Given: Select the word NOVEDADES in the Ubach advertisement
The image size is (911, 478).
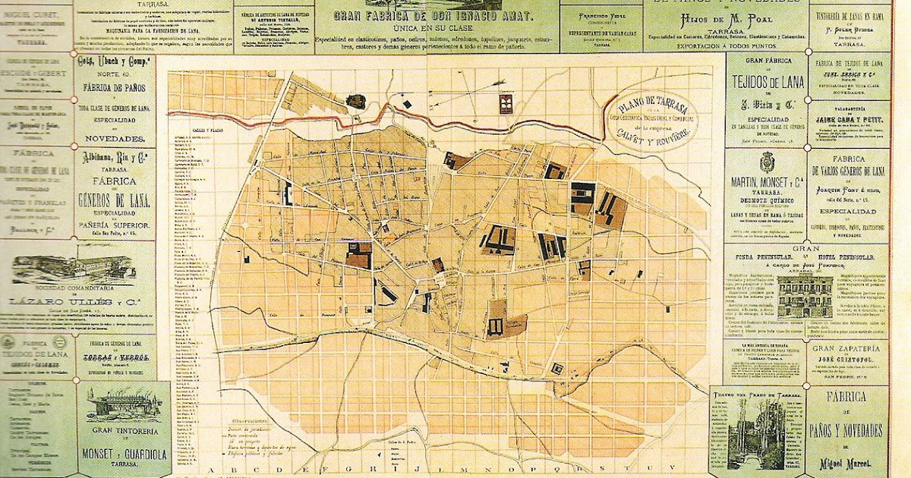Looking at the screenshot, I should tap(114, 140).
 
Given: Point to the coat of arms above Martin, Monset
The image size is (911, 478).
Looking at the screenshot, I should tap(767, 162).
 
